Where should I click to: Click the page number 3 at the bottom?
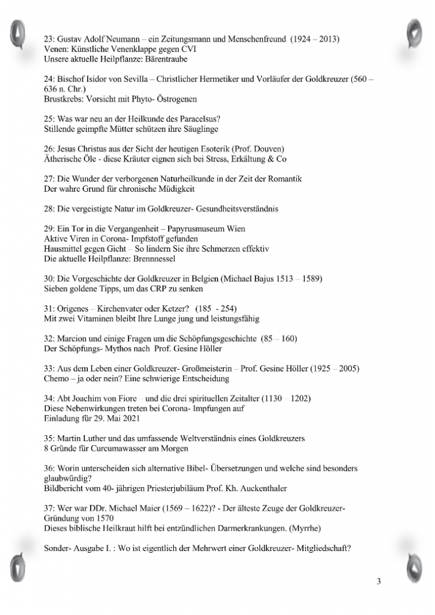click(x=379, y=582)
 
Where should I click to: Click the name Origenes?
click(x=73, y=309)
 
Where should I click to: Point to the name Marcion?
click(x=72, y=338)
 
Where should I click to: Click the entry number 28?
click(x=49, y=208)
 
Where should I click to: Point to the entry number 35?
click(x=49, y=438)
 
